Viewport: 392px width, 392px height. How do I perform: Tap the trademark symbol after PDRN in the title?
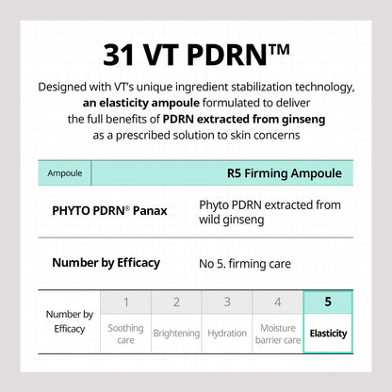(273, 47)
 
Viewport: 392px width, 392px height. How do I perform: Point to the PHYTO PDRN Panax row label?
(109, 210)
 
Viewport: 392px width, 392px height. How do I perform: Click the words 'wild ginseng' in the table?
(233, 220)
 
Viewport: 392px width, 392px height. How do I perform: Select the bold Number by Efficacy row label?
(106, 263)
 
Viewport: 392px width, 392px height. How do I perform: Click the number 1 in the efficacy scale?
(125, 302)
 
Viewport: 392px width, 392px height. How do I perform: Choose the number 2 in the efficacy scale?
(176, 302)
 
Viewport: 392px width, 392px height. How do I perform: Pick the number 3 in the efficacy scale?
(227, 302)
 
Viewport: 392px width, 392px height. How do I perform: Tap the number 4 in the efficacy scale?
(277, 302)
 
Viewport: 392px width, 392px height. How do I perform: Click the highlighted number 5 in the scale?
(328, 302)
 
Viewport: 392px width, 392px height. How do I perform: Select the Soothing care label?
(125, 334)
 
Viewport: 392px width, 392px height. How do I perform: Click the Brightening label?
(176, 334)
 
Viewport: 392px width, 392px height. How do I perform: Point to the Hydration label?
(227, 334)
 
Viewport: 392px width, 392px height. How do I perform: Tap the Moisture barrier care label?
(277, 334)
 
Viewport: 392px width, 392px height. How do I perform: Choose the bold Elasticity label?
(328, 334)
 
